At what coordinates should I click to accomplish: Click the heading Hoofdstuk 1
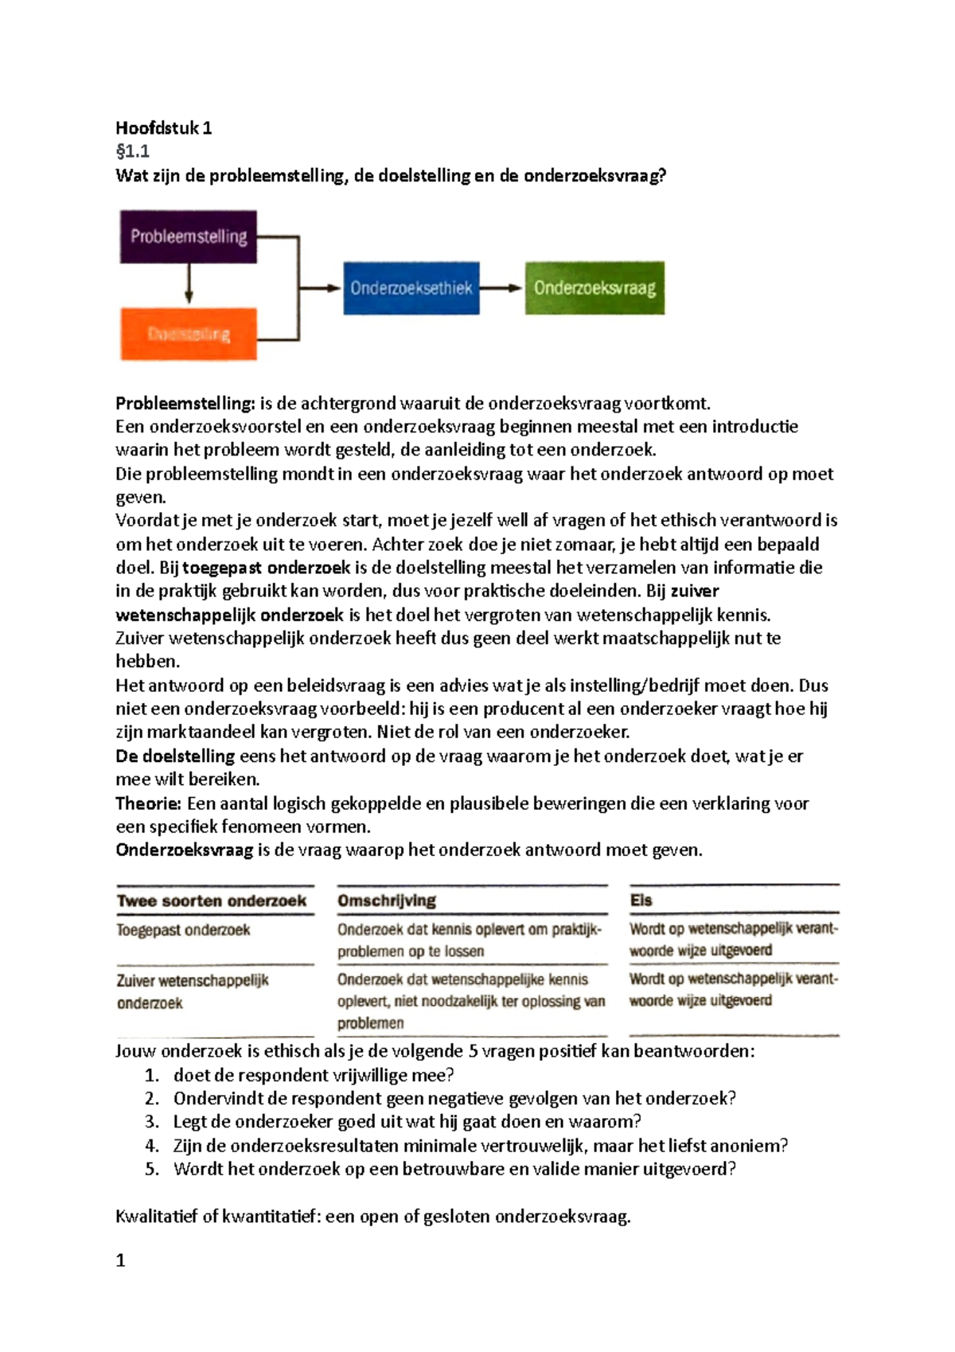tap(163, 128)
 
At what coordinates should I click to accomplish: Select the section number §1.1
tap(132, 151)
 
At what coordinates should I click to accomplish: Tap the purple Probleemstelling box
tap(189, 236)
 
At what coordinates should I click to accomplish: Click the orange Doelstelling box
tap(189, 334)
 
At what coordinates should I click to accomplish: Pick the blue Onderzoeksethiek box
tap(411, 288)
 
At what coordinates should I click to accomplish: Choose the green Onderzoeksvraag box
tap(594, 288)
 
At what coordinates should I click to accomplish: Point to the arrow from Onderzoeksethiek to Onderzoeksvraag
tap(501, 288)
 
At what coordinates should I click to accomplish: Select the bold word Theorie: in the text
tap(149, 803)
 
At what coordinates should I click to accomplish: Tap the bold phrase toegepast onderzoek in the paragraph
tap(267, 568)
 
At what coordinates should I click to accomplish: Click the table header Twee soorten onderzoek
tap(212, 901)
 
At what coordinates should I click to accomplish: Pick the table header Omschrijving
tap(387, 901)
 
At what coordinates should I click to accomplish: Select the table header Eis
tap(641, 901)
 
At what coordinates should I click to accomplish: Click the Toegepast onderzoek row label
tap(183, 930)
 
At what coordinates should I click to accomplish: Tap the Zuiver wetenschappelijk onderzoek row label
tap(193, 991)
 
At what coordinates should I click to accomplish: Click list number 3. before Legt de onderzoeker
tap(152, 1122)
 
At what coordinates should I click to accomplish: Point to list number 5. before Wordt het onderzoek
tap(152, 1169)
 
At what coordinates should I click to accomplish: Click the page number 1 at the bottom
tap(121, 1260)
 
